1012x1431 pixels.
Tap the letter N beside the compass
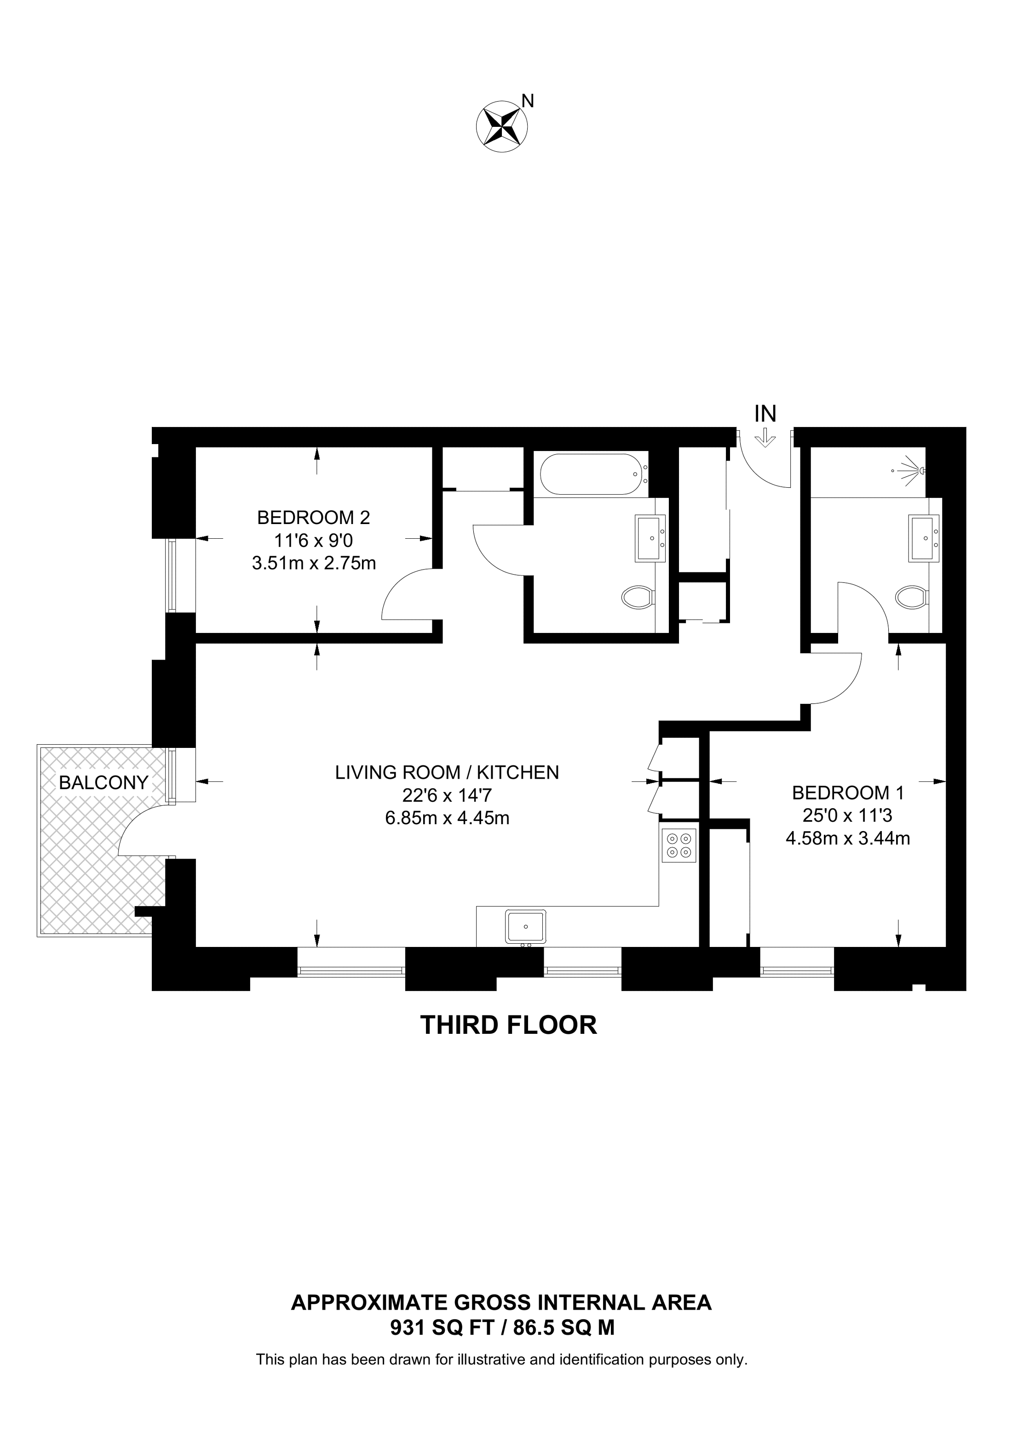[x=528, y=101]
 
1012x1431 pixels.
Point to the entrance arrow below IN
[x=765, y=439]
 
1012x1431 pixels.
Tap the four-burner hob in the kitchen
[x=679, y=845]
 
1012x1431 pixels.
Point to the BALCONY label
[x=103, y=783]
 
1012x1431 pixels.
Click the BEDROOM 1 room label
[x=847, y=793]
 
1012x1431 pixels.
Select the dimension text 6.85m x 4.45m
[x=447, y=818]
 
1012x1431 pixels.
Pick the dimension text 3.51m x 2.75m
[x=314, y=564]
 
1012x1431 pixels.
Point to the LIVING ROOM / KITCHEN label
[x=447, y=773]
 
